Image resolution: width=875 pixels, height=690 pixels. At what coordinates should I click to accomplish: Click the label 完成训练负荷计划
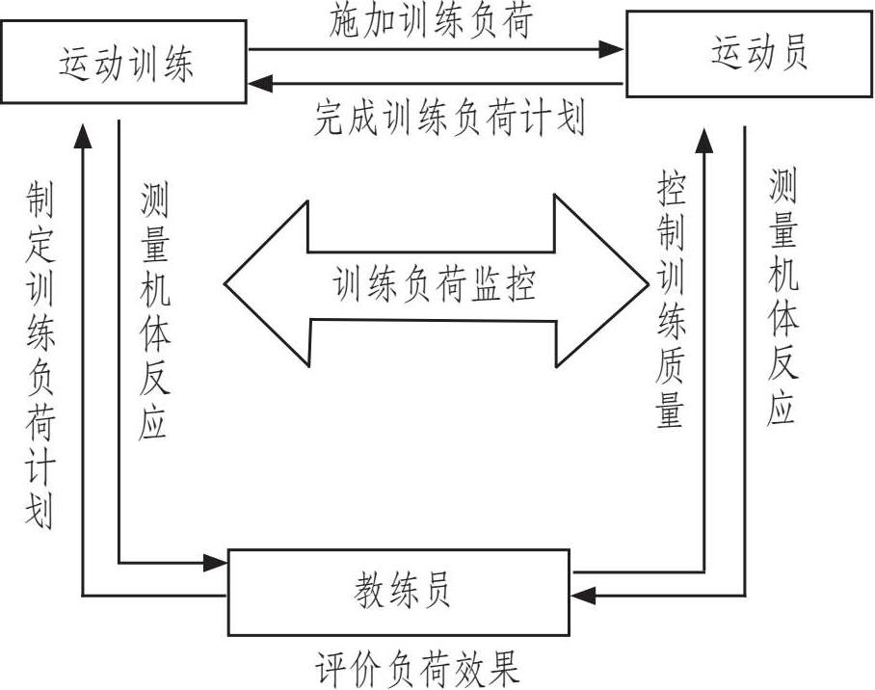(449, 119)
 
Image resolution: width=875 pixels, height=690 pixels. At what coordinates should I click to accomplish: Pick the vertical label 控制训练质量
(671, 301)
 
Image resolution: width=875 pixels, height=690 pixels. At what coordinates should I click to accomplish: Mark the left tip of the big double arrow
(227, 282)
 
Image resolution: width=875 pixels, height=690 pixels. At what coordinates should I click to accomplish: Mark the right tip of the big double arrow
(648, 282)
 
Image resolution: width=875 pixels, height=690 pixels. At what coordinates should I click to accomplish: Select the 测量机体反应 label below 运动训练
(154, 313)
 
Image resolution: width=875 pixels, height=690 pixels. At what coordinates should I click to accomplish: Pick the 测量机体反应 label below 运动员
(782, 299)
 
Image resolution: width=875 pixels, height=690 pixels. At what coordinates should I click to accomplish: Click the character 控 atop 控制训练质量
(671, 189)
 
